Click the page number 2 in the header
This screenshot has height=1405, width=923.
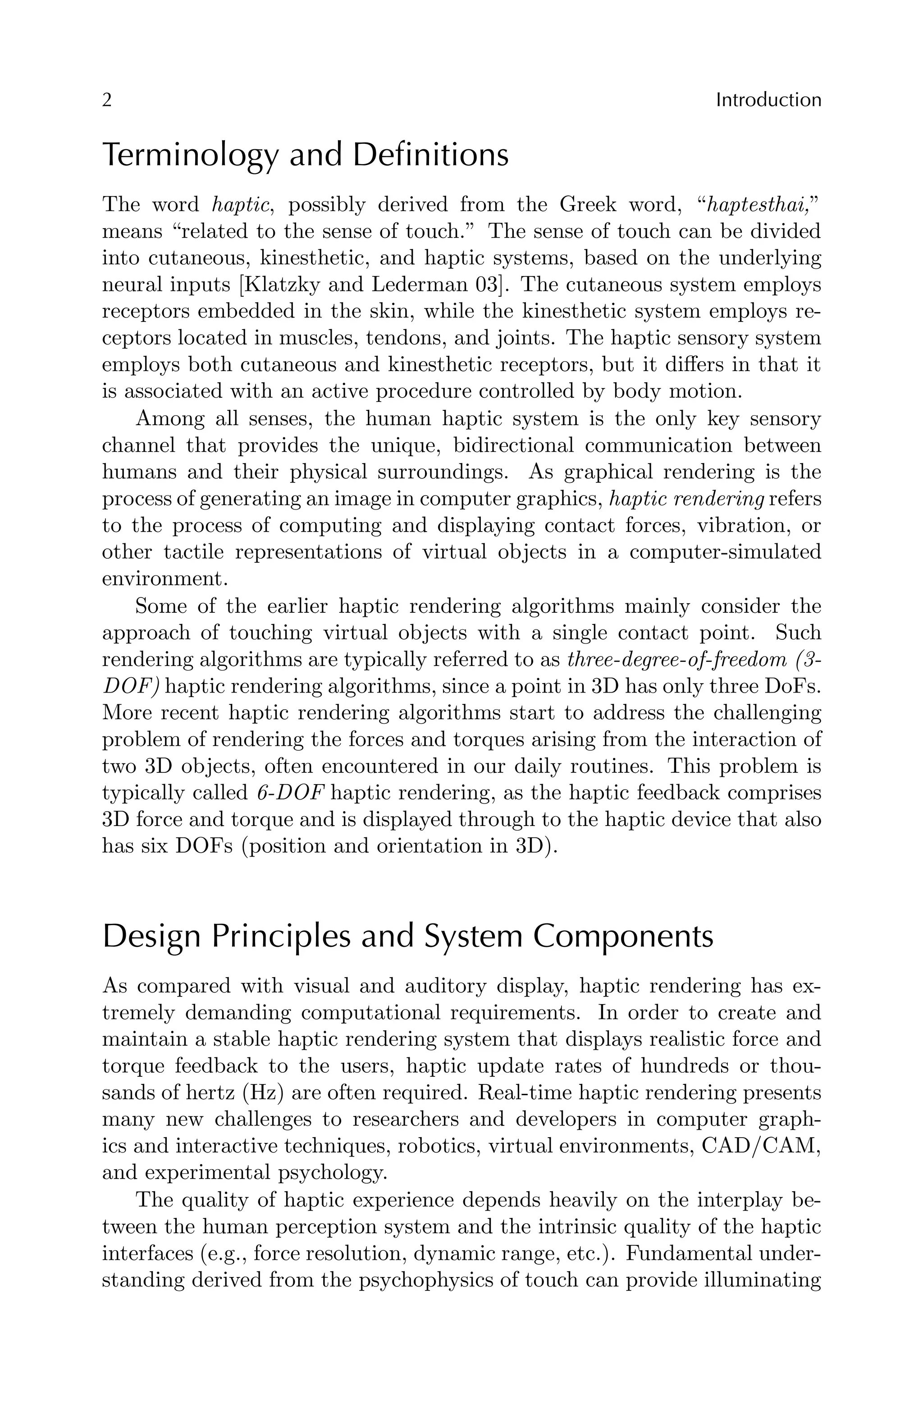click(x=107, y=101)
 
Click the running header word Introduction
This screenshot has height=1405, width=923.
click(x=768, y=101)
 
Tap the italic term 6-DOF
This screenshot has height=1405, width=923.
click(x=292, y=793)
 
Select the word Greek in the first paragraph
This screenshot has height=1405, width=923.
click(x=587, y=205)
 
